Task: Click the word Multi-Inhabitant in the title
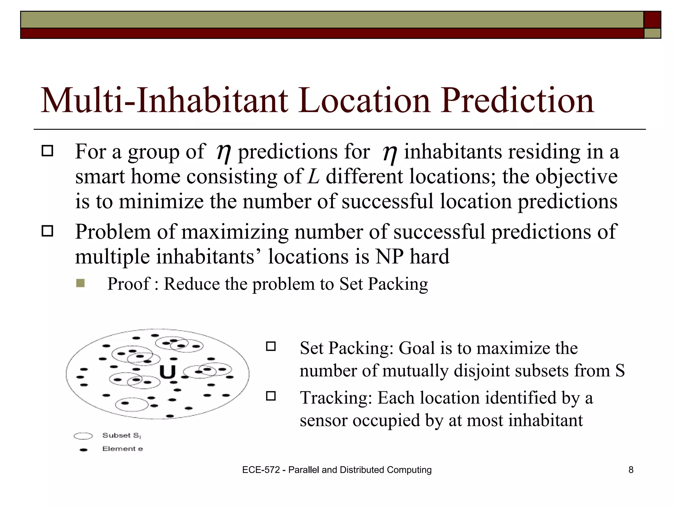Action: coord(164,100)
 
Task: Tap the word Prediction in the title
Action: coord(517,100)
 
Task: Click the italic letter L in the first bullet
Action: coord(313,177)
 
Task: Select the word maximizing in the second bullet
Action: coord(235,232)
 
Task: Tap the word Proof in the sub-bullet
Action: coord(128,284)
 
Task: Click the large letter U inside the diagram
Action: coord(168,373)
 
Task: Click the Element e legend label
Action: coord(122,449)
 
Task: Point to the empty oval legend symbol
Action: coord(83,436)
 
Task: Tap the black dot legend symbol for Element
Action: coord(84,450)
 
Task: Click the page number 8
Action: coord(631,470)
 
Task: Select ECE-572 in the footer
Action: coord(261,470)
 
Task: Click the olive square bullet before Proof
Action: coord(80,283)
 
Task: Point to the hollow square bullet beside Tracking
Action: coord(271,396)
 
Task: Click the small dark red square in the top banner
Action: coord(652,20)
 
